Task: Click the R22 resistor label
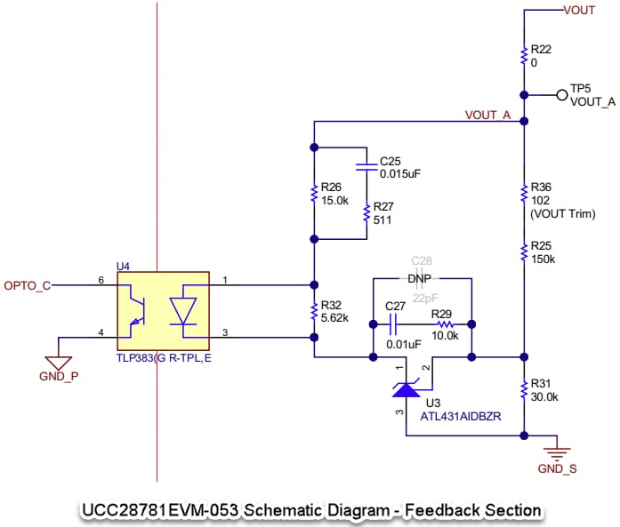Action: pyautogui.click(x=541, y=47)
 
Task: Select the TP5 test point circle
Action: pyautogui.click(x=560, y=94)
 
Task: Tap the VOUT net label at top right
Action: pyautogui.click(x=579, y=10)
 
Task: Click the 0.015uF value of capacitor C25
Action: pyautogui.click(x=399, y=173)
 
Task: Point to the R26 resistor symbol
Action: pyautogui.click(x=313, y=194)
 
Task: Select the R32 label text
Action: pyautogui.click(x=331, y=304)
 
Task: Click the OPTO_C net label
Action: pyautogui.click(x=27, y=285)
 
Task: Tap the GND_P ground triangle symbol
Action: pyautogui.click(x=59, y=362)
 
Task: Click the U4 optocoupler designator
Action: pyautogui.click(x=124, y=266)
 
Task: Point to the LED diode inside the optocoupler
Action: pyautogui.click(x=184, y=311)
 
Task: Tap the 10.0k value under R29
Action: pyautogui.click(x=445, y=337)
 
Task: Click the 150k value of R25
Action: pyautogui.click(x=543, y=259)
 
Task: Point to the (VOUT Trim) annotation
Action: pyautogui.click(x=562, y=213)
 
